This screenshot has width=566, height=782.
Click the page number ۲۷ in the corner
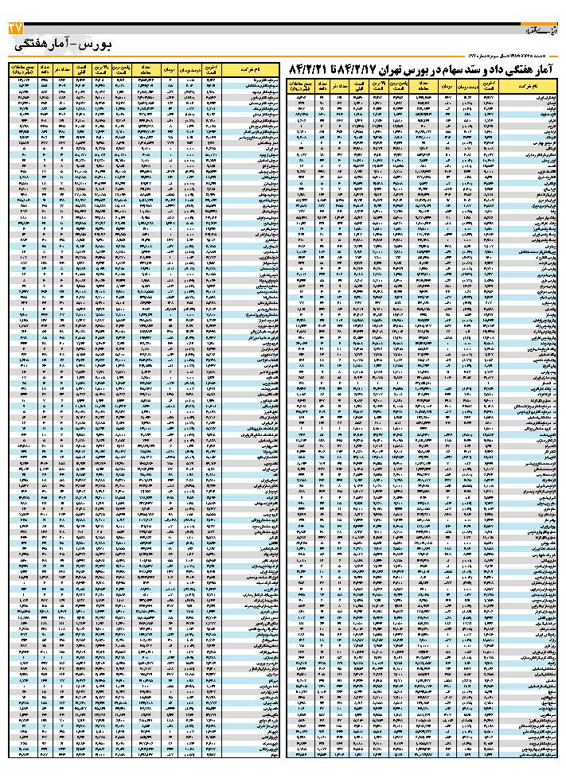pyautogui.click(x=16, y=29)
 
